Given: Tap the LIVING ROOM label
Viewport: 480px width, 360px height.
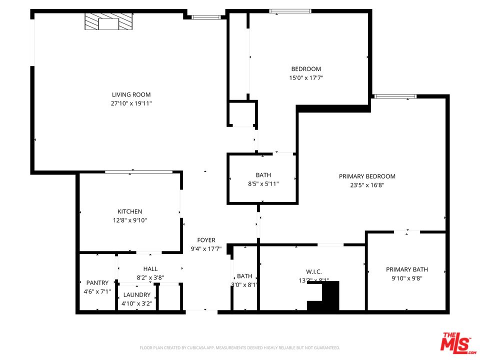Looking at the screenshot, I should pos(131,94).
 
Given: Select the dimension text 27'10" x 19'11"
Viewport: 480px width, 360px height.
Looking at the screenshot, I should pos(131,103).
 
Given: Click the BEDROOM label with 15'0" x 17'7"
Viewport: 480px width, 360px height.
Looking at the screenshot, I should pos(306,69).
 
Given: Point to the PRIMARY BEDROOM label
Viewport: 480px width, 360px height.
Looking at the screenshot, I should pos(367,176).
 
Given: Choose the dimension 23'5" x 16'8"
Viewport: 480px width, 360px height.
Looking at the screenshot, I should pos(367,185).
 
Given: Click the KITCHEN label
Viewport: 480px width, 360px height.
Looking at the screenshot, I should pos(130,211).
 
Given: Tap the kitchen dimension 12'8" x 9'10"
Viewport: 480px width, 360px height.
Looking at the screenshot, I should pos(130,220).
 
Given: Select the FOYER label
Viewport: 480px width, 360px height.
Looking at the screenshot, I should pos(206,240).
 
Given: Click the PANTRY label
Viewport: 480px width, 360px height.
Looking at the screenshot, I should pos(97,282).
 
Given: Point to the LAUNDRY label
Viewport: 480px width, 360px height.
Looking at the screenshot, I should pos(136,295).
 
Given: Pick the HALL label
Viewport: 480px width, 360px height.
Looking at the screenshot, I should pos(150,269).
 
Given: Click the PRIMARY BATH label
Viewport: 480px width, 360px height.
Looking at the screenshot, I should pos(406,269).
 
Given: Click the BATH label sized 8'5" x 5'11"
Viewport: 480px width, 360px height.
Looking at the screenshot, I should pos(263,175).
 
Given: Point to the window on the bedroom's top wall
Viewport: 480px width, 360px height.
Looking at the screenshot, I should pos(290,11).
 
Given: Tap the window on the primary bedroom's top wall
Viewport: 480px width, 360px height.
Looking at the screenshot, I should pos(395,96).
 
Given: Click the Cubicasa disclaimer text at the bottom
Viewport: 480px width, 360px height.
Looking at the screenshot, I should pos(239,347).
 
